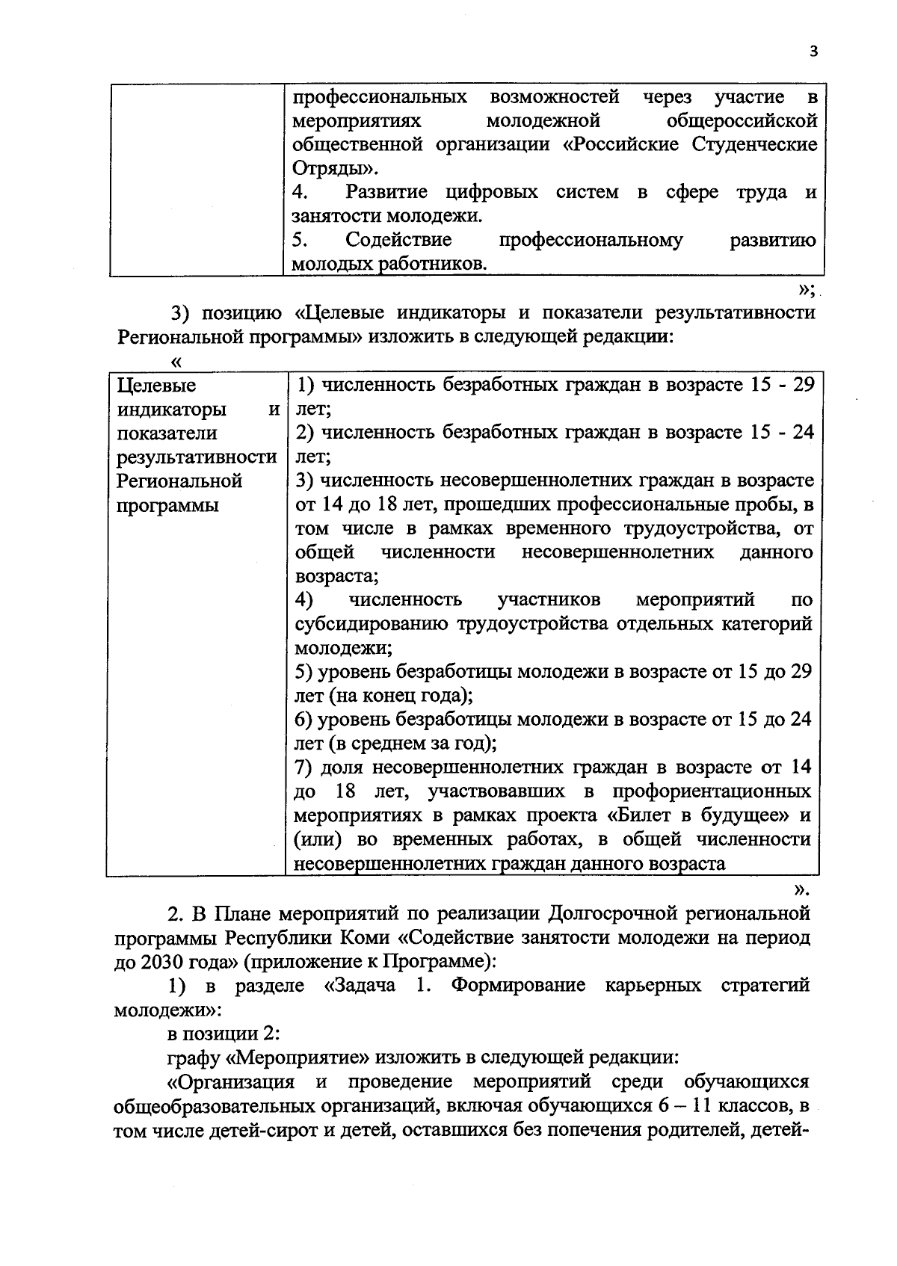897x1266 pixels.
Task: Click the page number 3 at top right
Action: point(813,51)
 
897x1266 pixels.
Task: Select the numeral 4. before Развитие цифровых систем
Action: point(300,192)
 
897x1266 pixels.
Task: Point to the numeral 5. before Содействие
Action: point(300,240)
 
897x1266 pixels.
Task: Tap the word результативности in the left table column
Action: point(197,457)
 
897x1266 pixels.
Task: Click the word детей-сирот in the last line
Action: point(262,1129)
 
